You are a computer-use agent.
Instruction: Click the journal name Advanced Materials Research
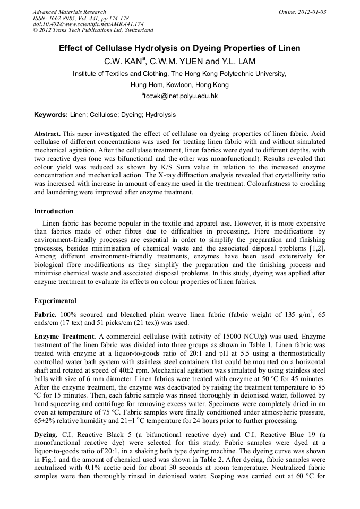(69, 12)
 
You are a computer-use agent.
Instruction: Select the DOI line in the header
(88, 24)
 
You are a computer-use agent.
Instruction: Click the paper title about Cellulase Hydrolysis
(179, 48)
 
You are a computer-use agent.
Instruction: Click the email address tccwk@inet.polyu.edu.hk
(181, 97)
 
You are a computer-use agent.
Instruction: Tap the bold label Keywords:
(51, 115)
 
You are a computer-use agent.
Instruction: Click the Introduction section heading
(56, 211)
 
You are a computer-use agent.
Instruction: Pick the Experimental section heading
(55, 301)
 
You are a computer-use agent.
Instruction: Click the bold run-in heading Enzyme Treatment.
(65, 337)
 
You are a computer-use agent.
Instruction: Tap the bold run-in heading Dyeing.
(46, 435)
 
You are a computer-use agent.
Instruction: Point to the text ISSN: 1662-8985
(56, 18)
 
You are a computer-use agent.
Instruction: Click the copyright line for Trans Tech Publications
(93, 30)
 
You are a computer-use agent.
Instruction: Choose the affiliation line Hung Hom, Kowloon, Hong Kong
(179, 85)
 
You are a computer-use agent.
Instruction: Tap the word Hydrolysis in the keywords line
(160, 115)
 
